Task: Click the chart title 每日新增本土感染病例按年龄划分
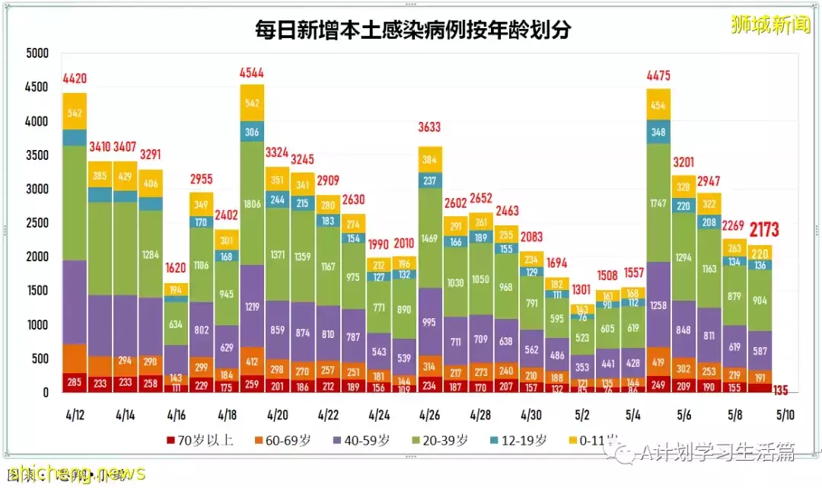point(413,30)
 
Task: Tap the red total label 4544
point(253,74)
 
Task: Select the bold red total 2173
point(764,230)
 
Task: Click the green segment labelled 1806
point(253,204)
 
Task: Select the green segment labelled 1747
point(658,204)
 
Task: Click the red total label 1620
point(176,268)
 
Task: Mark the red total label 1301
point(582,289)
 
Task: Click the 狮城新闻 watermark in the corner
point(770,25)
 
